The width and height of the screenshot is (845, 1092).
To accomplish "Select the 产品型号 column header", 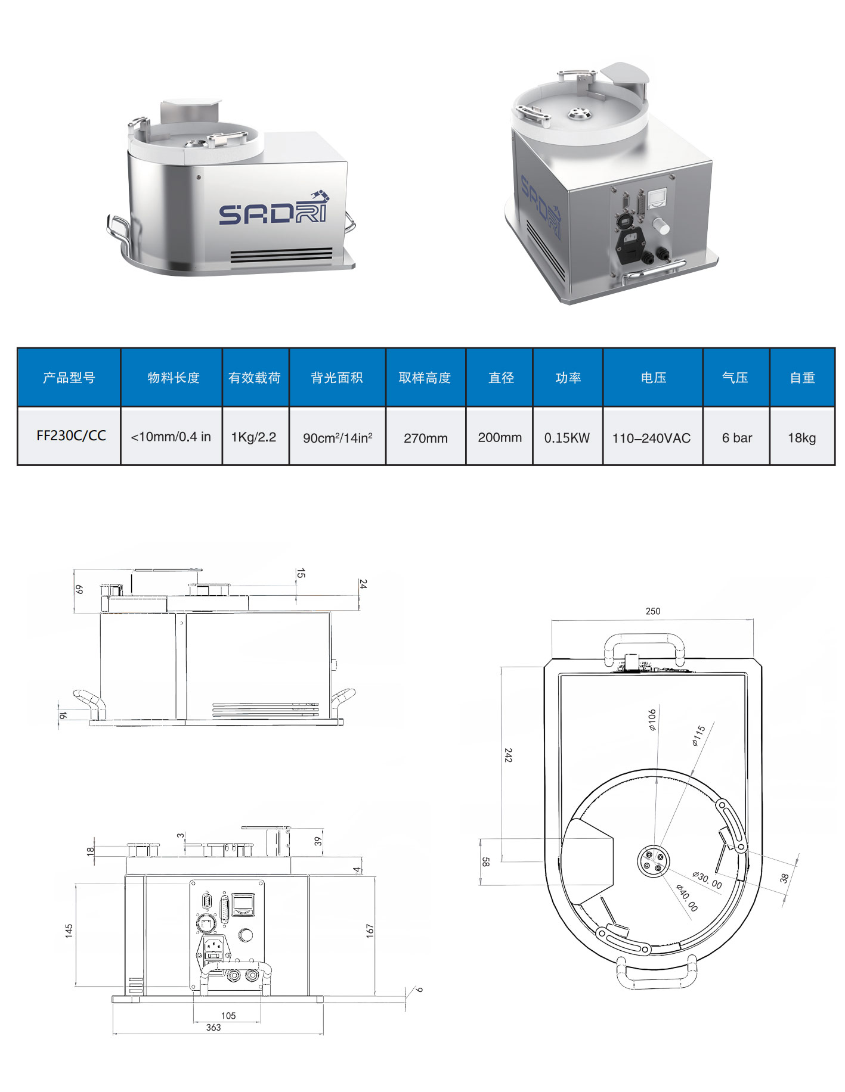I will (x=69, y=378).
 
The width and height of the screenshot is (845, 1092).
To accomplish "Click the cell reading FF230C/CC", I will (x=71, y=435).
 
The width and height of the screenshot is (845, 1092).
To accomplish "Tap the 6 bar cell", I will (x=736, y=438).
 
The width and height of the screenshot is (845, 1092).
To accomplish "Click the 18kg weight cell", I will (x=801, y=438).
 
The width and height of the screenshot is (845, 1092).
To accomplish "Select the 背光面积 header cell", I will (x=337, y=378).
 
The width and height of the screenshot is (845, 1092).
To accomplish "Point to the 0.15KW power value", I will (x=567, y=438).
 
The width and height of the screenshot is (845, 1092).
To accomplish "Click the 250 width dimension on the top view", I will (x=652, y=611).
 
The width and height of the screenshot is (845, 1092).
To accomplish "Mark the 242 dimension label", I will (x=508, y=755).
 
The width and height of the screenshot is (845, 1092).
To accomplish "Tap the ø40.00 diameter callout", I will (x=686, y=898).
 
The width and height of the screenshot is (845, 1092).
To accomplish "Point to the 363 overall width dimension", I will (x=213, y=1028).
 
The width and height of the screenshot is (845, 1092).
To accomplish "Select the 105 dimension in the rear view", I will (x=228, y=1016).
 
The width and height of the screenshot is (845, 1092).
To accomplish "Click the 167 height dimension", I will (x=369, y=931).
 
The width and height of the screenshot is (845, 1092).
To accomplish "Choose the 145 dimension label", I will (x=69, y=931).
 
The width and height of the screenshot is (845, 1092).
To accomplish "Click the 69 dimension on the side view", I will (x=79, y=589).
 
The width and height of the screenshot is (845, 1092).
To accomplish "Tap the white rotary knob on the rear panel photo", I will (x=661, y=226).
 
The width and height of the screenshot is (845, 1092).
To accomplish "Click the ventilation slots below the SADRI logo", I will (x=281, y=255).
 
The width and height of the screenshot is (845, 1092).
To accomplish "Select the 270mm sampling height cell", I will (x=425, y=438).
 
